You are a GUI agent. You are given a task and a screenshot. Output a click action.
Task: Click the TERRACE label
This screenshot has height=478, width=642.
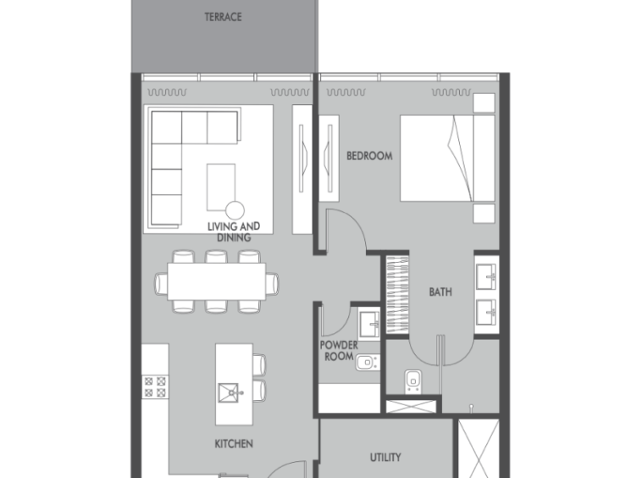pos(223,17)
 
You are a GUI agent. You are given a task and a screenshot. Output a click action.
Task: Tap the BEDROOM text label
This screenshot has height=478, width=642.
pos(369,156)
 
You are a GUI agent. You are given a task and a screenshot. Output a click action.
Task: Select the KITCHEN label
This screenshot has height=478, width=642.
pos(234,443)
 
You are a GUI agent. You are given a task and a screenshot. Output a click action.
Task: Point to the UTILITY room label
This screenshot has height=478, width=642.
pos(385,457)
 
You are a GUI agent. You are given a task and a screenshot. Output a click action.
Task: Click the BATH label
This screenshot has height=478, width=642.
pos(440,292)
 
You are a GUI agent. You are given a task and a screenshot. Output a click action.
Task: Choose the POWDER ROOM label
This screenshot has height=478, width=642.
pos(339,351)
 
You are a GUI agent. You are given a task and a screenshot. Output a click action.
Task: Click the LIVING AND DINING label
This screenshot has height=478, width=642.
pos(234,232)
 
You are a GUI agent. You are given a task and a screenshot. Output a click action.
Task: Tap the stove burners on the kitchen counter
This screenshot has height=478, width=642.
pos(155,387)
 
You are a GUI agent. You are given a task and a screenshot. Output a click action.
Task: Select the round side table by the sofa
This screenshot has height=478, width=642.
pos(235,210)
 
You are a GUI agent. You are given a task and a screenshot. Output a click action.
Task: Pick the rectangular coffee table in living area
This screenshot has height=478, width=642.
pos(221,186)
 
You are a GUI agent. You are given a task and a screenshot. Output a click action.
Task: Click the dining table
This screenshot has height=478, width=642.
pos(217,282)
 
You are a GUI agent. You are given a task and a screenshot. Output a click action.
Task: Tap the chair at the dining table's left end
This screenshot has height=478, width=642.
pos(161,284)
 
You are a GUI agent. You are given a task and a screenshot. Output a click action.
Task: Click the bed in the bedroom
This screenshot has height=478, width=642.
pos(447,158)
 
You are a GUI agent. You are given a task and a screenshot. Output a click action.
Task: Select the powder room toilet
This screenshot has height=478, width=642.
pos(368,363)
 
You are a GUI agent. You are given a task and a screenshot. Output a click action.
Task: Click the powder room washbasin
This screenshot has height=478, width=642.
pos(369,325)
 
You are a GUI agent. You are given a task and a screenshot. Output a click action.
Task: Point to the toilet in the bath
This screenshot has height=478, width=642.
pos(413,381)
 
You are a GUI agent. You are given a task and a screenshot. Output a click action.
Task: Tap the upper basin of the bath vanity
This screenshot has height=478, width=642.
pos(486,276)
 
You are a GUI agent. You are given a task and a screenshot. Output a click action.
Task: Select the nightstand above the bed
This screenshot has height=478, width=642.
pos(484,103)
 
